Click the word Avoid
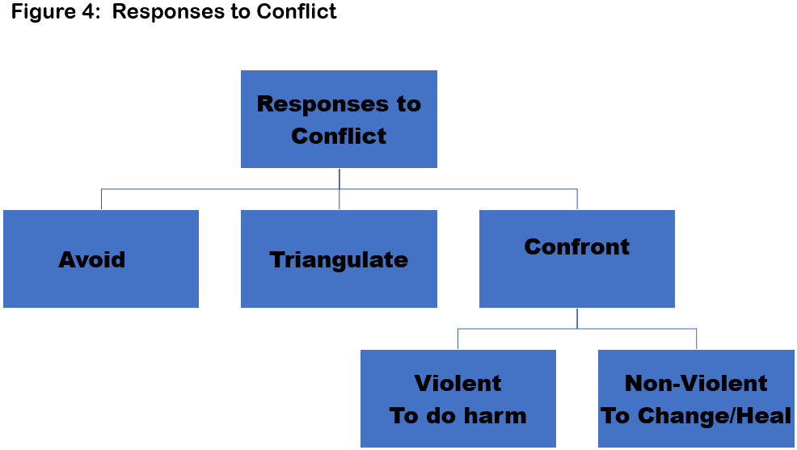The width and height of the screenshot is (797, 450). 92,259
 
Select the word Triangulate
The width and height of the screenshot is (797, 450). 339,260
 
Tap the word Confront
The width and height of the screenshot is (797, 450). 577,247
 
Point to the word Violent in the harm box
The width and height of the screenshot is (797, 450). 458,383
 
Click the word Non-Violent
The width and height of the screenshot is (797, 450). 696,383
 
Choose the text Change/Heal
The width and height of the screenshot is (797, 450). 715,415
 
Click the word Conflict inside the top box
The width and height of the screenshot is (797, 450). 339,136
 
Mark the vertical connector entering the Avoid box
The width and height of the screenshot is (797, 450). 101,199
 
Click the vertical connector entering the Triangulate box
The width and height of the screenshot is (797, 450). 339,199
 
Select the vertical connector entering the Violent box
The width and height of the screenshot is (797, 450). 458,339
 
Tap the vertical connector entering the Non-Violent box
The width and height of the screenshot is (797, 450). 696,339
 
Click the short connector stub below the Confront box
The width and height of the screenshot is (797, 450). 577,318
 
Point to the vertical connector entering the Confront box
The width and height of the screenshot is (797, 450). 577,199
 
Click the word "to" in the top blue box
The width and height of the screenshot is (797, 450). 409,104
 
